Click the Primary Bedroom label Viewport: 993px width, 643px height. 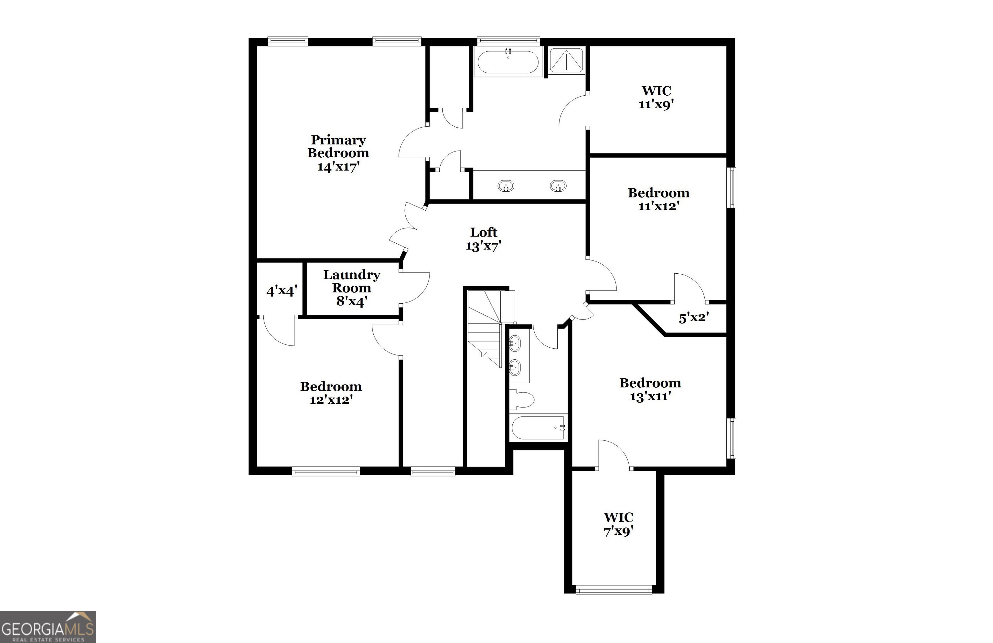tap(338, 153)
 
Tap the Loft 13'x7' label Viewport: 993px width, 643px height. tap(483, 239)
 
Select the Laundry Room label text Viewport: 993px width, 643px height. tap(351, 287)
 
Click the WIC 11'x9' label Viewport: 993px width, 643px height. tap(656, 98)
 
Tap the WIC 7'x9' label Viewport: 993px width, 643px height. tap(618, 524)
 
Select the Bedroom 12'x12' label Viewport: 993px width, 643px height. tap(331, 393)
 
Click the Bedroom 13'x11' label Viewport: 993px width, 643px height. tap(650, 389)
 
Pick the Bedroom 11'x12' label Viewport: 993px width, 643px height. tap(658, 199)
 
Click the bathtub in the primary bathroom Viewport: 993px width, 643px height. tap(508, 62)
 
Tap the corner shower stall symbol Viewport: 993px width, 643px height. tap(566, 61)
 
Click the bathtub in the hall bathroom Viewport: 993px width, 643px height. tap(537, 427)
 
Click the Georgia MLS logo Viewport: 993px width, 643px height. tap(48, 627)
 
